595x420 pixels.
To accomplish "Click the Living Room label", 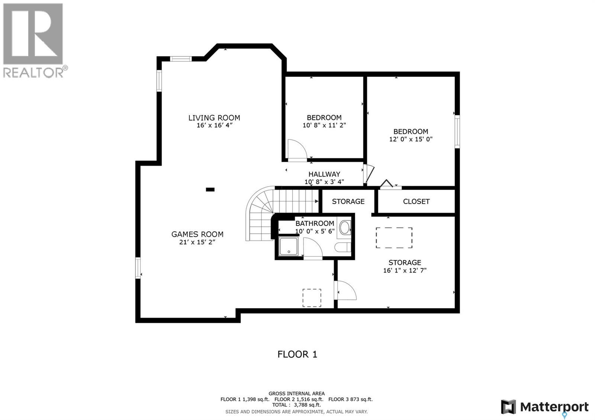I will point(214,118).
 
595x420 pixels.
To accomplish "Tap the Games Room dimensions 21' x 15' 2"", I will point(197,242).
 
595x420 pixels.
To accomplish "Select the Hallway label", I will point(324,174).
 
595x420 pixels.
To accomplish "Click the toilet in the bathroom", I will point(341,247).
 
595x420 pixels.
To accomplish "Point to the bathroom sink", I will point(345,227).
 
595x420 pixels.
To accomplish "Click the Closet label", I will point(416,201).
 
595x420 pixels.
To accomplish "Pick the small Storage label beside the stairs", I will point(348,201).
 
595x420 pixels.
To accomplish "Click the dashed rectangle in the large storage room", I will point(394,238).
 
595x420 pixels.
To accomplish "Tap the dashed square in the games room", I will point(312,298).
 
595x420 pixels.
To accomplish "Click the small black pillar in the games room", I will point(210,190).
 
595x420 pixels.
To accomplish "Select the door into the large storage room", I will point(346,290).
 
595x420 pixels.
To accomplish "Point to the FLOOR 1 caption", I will point(297,354).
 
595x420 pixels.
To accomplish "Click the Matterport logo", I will point(545,407).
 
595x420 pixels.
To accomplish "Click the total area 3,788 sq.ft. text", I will point(296,405).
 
